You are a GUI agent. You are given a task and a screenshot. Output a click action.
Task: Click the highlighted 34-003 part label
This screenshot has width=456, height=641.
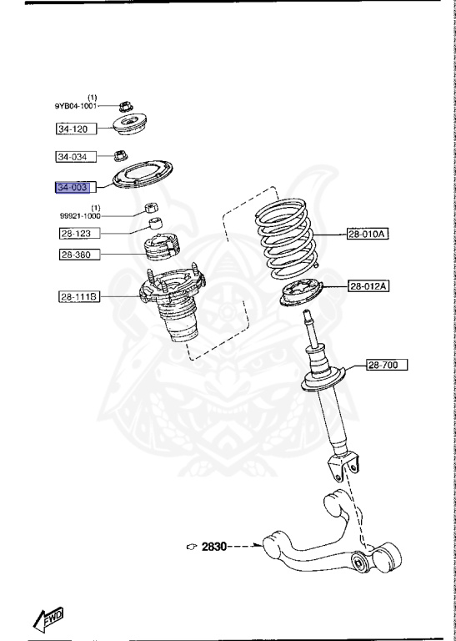coord(72,187)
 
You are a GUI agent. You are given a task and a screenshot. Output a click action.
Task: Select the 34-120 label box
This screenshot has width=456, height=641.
coord(73,129)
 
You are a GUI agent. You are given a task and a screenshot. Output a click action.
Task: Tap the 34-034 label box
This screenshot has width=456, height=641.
coord(73,157)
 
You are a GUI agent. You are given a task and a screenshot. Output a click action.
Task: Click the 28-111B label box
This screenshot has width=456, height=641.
coord(78,296)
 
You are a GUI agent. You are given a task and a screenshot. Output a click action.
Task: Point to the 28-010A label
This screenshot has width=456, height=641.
coord(368,235)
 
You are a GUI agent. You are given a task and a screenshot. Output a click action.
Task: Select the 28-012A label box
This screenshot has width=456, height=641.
coord(368,285)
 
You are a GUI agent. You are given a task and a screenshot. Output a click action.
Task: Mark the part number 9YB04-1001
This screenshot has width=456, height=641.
coord(76,106)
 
